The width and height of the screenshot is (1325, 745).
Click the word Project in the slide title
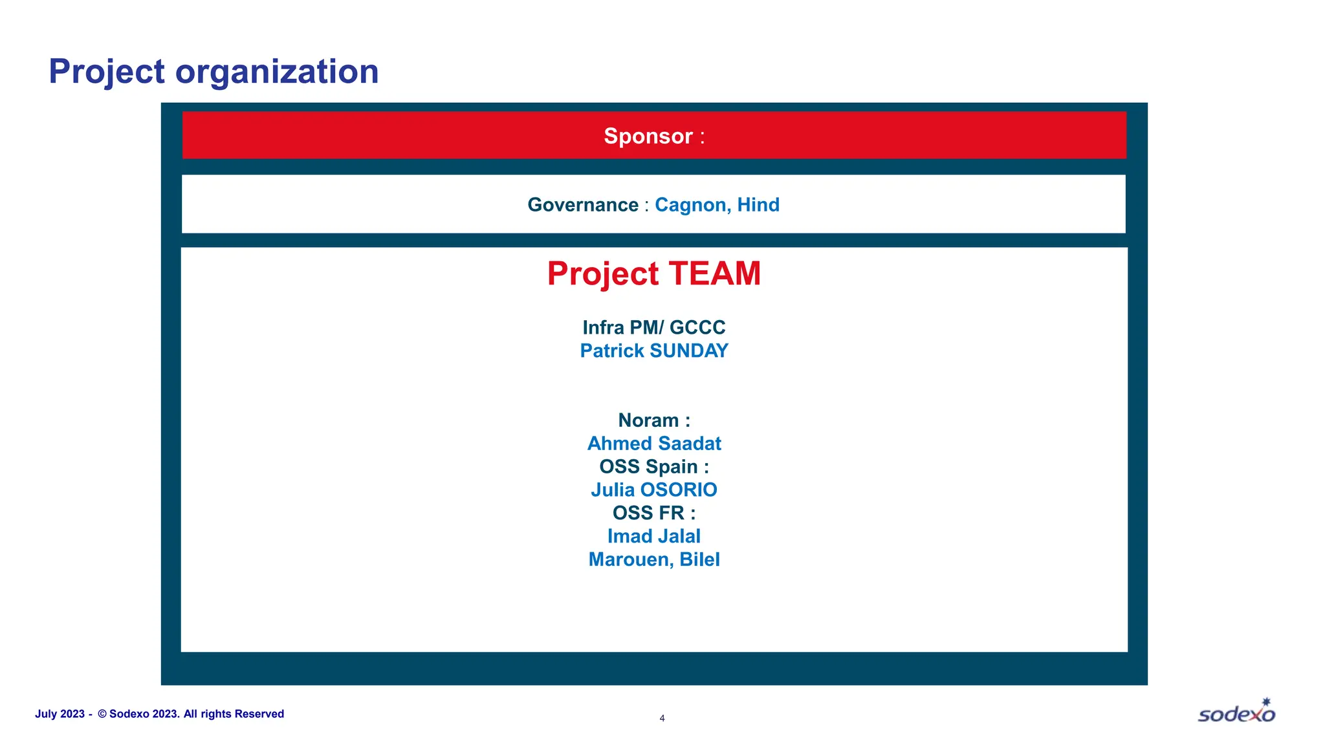pos(107,72)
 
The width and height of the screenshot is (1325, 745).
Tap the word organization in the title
pos(277,72)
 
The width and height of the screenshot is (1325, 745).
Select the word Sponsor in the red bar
pos(648,136)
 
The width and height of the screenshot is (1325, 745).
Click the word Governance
pos(583,205)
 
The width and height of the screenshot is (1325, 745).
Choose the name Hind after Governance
pos(758,205)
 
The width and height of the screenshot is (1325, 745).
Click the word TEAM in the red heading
pos(714,274)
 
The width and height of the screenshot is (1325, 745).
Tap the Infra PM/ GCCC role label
pos(653,327)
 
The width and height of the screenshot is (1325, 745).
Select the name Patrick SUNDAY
pos(653,351)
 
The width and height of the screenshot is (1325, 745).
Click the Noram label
pos(653,420)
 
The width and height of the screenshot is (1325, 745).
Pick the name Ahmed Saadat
pos(653,444)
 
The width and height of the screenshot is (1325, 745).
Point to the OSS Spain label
pos(653,467)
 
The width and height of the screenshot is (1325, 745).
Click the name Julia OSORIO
pos(653,490)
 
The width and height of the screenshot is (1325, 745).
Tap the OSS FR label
pos(653,513)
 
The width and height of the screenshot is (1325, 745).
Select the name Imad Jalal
pos(653,536)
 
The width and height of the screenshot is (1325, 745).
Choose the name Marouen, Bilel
pos(653,559)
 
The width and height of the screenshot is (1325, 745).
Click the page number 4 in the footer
pos(662,718)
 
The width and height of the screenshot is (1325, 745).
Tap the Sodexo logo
pos(1236,711)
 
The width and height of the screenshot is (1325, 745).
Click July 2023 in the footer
pos(60,714)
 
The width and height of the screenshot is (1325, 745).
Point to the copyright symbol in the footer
pos(102,714)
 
